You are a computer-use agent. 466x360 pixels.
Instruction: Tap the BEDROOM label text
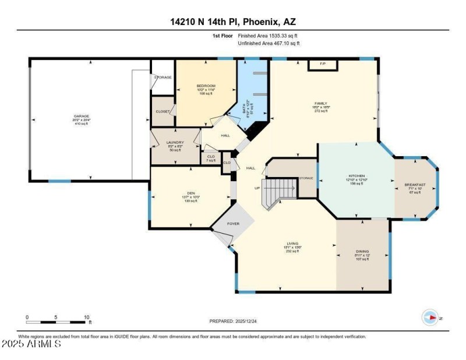click(x=206, y=86)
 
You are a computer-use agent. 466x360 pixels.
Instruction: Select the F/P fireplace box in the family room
click(x=323, y=63)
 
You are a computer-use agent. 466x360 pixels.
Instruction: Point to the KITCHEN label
click(x=356, y=175)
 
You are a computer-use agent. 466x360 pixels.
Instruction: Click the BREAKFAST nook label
click(x=415, y=185)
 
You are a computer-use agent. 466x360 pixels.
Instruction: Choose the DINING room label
click(x=362, y=252)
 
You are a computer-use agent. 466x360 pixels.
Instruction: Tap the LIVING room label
click(x=292, y=243)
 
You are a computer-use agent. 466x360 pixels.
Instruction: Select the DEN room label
click(x=190, y=193)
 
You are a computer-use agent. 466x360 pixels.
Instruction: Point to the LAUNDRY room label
click(x=175, y=142)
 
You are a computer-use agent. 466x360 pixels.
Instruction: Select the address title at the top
click(x=232, y=22)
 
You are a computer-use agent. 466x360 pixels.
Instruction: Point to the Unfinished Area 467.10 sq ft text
click(x=269, y=43)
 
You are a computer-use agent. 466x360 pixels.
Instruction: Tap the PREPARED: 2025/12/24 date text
click(x=232, y=321)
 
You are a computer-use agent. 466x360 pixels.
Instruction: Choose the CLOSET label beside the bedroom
click(x=163, y=111)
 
